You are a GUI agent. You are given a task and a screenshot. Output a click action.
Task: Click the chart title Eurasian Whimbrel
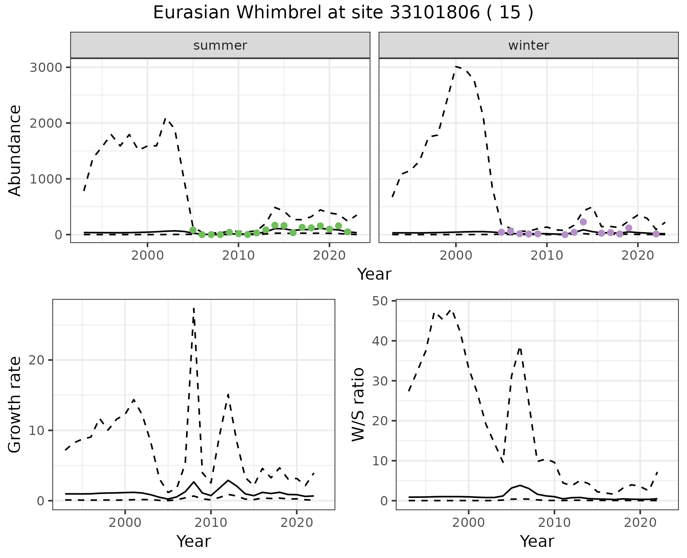click(343, 13)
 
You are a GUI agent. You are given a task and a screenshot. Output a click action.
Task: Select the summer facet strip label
click(220, 45)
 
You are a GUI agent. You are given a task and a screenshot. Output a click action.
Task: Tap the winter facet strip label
click(528, 45)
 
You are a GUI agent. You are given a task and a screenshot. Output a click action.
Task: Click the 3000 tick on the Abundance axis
click(45, 68)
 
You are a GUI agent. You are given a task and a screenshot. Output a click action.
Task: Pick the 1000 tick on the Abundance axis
click(45, 179)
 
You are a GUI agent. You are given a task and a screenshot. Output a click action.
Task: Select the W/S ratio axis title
click(358, 404)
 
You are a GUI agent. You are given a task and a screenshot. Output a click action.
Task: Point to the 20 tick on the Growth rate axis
click(41, 360)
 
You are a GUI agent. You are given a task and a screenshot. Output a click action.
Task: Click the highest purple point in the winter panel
click(583, 222)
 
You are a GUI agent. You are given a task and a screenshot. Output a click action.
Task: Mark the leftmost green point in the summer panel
click(193, 230)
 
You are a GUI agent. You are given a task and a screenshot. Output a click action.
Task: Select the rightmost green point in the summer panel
click(347, 232)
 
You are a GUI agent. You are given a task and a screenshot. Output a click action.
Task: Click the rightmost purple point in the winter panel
click(656, 234)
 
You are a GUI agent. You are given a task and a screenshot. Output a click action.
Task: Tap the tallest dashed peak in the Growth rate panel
click(194, 308)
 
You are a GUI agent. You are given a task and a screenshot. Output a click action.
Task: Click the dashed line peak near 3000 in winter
click(456, 67)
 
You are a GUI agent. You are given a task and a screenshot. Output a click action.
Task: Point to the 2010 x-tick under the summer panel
click(238, 256)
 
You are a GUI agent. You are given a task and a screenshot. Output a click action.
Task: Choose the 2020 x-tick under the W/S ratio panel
click(640, 523)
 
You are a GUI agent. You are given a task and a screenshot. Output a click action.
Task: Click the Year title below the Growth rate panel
click(194, 541)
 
